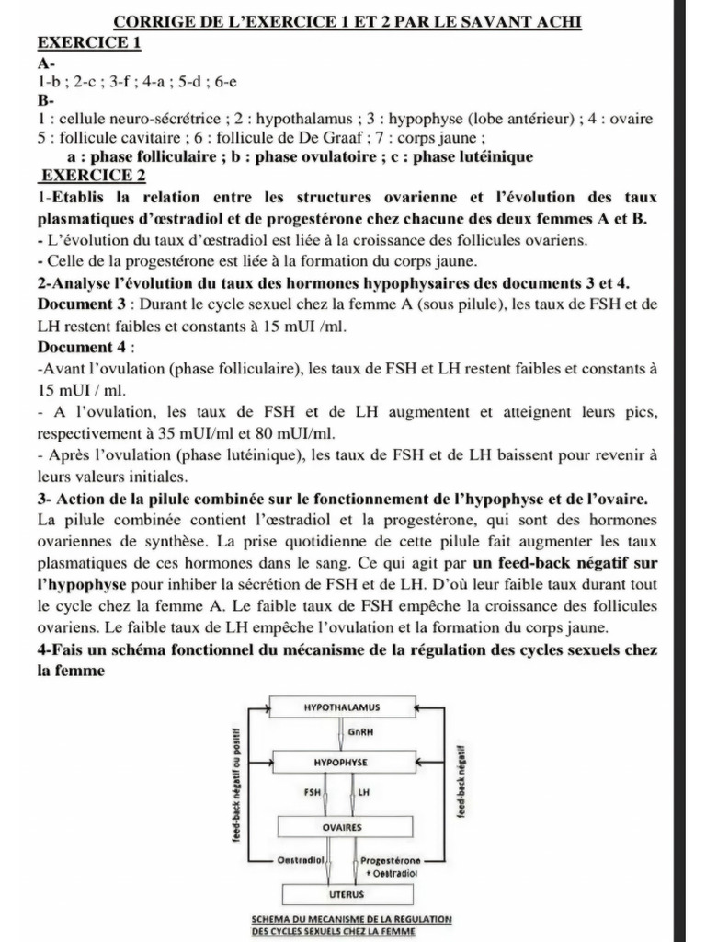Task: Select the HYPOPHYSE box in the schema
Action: point(341,763)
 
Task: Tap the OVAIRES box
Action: point(341,827)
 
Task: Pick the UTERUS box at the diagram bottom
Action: point(341,892)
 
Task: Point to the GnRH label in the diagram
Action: point(360,733)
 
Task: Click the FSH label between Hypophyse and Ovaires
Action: point(312,791)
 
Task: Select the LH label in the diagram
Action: point(364,791)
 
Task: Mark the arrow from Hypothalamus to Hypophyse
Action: point(341,734)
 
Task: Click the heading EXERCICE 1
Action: point(89,43)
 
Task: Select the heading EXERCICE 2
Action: point(95,175)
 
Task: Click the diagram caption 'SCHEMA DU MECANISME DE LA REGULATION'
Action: point(341,919)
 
